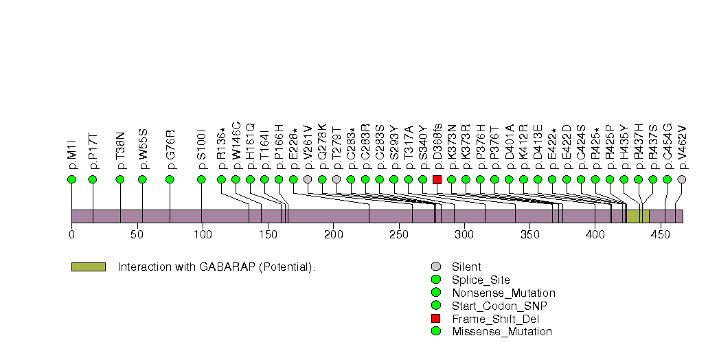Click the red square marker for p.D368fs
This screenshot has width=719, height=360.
437,179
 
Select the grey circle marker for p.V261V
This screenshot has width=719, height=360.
308,179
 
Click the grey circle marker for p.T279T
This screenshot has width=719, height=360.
336,179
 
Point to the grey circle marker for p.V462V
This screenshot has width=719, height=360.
681,179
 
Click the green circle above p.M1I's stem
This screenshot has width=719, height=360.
71,179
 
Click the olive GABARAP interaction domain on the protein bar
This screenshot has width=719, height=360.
637,216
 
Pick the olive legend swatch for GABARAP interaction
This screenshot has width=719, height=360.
88,267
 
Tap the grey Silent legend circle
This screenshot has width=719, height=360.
435,267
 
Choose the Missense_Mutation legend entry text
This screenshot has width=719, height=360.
501,332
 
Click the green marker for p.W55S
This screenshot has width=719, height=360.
142,179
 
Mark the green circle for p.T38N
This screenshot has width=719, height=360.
120,179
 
